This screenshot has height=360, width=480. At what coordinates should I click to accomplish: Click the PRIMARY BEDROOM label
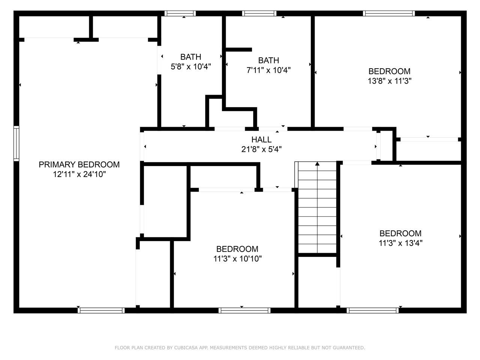coord(79,165)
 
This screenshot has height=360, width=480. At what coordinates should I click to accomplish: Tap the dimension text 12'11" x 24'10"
coord(79,174)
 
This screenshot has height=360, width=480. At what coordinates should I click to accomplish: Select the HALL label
coord(261,139)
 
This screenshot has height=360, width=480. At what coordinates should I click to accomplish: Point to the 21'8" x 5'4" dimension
coord(261,149)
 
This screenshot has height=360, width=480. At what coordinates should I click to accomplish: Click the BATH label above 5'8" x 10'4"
coord(191,57)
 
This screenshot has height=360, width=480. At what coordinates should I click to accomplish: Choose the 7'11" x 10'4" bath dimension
coord(268,70)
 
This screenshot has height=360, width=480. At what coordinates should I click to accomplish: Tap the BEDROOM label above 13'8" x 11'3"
coord(390,71)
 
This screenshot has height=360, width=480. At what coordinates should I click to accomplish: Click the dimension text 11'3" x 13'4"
coord(400,243)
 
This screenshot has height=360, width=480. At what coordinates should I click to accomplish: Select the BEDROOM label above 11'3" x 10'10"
coord(237,249)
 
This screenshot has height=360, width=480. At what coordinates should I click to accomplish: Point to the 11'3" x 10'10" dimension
coord(237,259)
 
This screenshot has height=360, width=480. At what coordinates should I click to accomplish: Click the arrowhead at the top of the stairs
coord(317,163)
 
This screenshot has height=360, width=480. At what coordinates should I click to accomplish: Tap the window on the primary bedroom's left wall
coord(16,143)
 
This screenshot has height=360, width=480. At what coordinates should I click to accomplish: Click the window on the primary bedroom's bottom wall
coord(101,310)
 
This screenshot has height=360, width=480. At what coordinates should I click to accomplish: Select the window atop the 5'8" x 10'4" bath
coord(180,13)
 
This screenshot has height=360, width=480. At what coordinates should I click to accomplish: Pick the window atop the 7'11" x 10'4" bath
coord(259,13)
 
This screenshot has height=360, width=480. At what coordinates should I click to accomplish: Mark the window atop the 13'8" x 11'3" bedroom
coord(389,13)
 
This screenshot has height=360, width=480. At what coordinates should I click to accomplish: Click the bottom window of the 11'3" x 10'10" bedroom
coord(244,310)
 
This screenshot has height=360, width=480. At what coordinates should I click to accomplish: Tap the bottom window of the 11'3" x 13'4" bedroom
coord(373,310)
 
